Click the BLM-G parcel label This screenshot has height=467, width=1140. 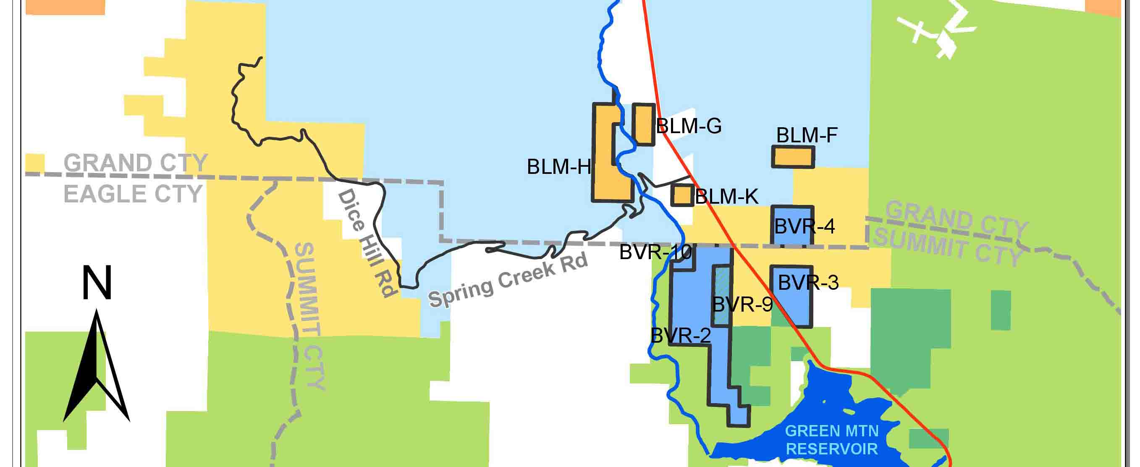[689, 126]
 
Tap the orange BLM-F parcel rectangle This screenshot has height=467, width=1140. [793, 157]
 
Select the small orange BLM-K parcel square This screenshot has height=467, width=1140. [682, 195]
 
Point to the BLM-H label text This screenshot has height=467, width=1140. [558, 167]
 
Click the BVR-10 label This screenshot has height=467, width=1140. [655, 252]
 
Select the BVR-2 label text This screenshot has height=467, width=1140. [681, 336]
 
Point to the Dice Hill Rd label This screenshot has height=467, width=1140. [366, 243]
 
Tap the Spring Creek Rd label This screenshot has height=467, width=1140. [508, 280]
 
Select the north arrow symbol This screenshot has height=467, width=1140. [97, 367]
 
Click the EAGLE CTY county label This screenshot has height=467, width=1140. [133, 194]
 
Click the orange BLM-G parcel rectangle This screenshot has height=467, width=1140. [643, 124]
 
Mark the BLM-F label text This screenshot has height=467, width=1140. [807, 135]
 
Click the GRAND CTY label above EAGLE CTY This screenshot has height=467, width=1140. [136, 163]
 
